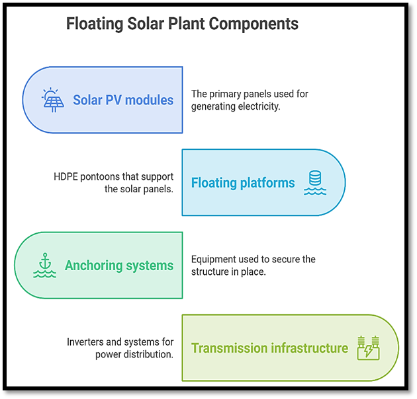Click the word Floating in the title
[x=95, y=24]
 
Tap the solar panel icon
[x=53, y=100]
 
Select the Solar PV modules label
[x=123, y=100]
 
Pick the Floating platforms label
[x=243, y=183]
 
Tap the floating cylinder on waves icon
[x=315, y=182]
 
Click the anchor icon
[x=45, y=265]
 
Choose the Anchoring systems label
[x=119, y=266]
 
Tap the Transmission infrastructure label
[x=269, y=348]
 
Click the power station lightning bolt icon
[x=368, y=348]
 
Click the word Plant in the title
[x=186, y=24]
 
